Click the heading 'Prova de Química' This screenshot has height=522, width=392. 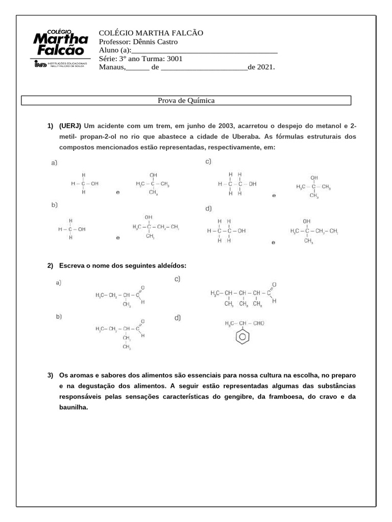[x=186, y=100]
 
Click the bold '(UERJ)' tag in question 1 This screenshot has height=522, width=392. [x=70, y=126]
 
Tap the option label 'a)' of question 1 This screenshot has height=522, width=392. [x=54, y=163]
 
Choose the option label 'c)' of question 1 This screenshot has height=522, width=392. [x=208, y=162]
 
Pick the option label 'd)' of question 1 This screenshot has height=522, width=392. [x=208, y=208]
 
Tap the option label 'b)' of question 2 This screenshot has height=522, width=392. [x=59, y=316]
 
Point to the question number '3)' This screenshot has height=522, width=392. [x=50, y=376]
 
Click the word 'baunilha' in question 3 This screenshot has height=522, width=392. [x=73, y=407]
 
